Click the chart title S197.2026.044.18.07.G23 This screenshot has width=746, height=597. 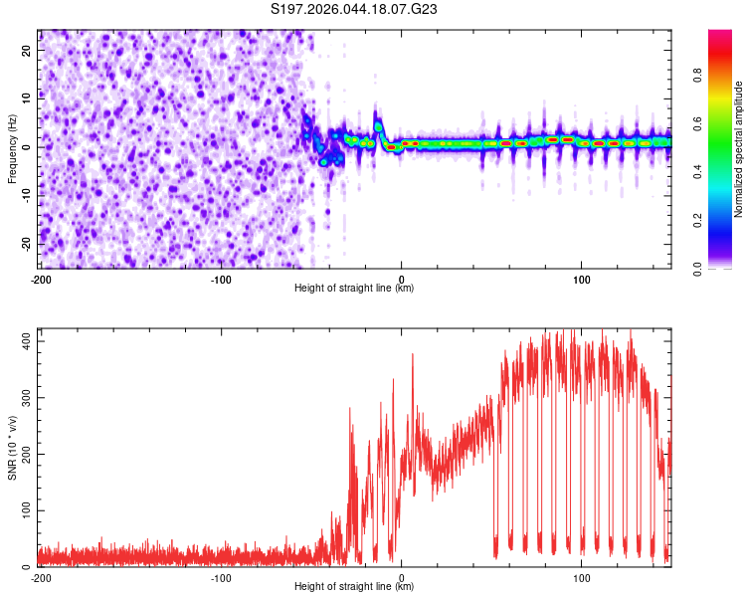click(355, 9)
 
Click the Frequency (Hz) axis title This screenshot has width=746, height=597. click(12, 148)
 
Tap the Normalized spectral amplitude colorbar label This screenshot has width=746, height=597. click(739, 148)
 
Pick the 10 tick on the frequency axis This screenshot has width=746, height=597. click(27, 99)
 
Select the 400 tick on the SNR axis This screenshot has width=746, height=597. click(23, 340)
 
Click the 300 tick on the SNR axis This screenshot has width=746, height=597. click(23, 397)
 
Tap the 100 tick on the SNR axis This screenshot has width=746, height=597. click(23, 510)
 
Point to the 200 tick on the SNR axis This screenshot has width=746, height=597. click(23, 454)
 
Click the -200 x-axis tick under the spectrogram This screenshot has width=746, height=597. click(41, 280)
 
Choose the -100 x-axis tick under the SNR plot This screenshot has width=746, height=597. click(221, 578)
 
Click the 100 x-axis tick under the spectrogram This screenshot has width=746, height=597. click(582, 280)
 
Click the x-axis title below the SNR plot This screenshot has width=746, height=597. click(355, 587)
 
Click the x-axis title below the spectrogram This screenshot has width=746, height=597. click(355, 289)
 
